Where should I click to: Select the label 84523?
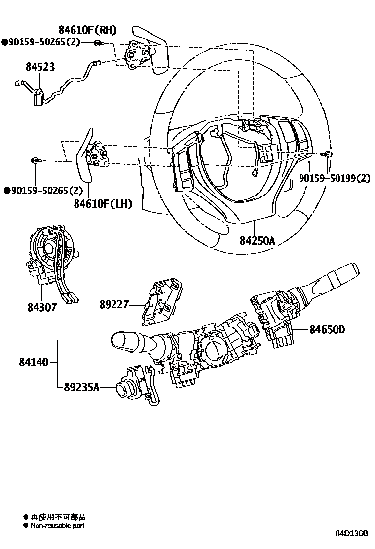[40, 67]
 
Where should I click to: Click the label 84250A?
[257, 240]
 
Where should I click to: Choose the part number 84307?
[42, 307]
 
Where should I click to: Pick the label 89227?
[113, 305]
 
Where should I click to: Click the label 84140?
[34, 362]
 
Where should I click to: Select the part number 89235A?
[81, 387]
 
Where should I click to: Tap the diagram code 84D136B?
[352, 534]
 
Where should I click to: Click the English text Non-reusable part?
[58, 526]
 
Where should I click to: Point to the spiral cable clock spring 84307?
[50, 252]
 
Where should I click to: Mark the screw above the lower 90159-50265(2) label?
[36, 160]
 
